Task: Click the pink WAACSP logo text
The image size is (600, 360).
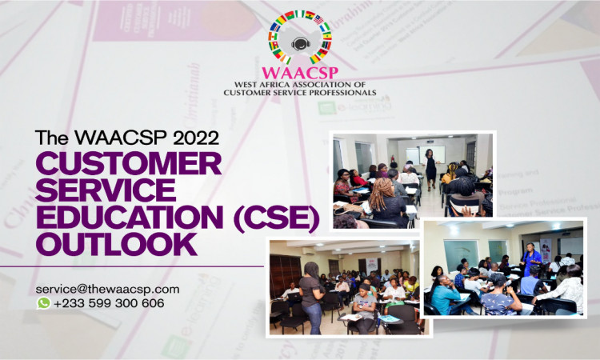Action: pos(300,72)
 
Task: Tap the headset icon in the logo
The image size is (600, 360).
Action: pos(300,43)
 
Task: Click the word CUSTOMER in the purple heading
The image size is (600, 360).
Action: pos(129,163)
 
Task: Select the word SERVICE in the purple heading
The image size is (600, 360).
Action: pos(106,190)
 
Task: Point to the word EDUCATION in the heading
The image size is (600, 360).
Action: pos(130,217)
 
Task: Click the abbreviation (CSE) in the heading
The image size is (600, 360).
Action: pos(277,218)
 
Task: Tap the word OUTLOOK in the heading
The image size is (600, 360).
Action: pos(117,244)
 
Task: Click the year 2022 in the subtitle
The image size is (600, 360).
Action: pos(196,138)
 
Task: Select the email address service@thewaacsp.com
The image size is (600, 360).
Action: pos(107,289)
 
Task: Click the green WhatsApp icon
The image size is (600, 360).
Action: pos(44,303)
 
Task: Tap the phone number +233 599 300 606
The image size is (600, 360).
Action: pos(109,303)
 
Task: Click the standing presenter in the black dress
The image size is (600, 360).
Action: pos(430,169)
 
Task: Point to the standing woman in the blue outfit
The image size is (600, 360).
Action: pos(531,259)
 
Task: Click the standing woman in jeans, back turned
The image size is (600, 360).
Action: pos(312,298)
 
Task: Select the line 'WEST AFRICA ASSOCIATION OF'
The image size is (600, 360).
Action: pos(300,84)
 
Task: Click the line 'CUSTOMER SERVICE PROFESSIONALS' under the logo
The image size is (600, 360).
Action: pos(300,92)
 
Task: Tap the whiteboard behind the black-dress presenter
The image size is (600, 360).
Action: pos(432,154)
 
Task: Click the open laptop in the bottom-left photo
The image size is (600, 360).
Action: pos(294,296)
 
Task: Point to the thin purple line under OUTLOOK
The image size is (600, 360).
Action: pos(132,266)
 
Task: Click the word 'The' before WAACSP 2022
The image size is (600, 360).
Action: pos(52,138)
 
